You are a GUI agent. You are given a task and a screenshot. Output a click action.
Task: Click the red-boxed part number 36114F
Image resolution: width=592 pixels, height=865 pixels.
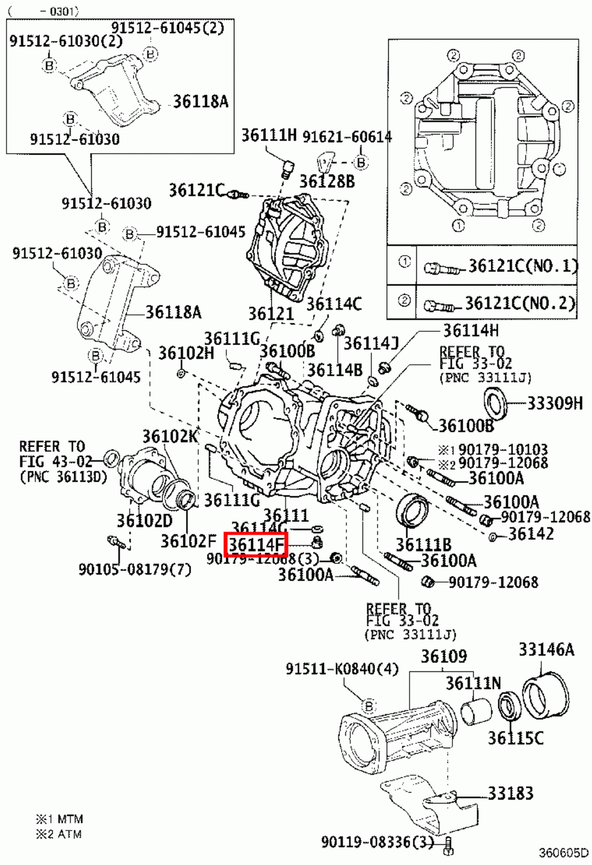click(256, 544)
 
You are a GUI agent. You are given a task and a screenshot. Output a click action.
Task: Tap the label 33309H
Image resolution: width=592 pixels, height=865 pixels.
click(555, 403)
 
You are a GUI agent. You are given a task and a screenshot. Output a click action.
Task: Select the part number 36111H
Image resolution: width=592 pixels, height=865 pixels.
click(269, 135)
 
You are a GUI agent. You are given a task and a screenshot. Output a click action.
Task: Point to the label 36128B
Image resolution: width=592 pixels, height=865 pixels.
click(327, 182)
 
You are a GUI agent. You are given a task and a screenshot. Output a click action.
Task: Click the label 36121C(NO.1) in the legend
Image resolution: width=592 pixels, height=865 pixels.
click(522, 266)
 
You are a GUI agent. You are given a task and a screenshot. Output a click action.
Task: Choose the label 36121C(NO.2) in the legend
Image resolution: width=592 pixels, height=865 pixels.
click(520, 303)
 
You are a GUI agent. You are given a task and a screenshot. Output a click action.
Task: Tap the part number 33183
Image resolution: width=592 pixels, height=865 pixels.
click(510, 793)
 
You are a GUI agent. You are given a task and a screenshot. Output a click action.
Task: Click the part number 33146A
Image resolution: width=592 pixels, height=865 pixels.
click(546, 649)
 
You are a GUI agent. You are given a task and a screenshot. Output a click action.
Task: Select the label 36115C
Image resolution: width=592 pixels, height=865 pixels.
click(515, 738)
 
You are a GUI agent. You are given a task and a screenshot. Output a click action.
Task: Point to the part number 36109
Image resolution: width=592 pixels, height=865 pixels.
click(444, 656)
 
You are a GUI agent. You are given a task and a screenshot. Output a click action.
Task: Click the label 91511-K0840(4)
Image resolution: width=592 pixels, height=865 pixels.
click(342, 669)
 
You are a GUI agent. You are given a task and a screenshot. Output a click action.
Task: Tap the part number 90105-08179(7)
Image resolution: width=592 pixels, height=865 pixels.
click(135, 569)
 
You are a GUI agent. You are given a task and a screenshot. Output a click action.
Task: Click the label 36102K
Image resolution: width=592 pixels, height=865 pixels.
click(170, 436)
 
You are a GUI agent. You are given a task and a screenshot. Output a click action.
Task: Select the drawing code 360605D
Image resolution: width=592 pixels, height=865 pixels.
click(563, 853)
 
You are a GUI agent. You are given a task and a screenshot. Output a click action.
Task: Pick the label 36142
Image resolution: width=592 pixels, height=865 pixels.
click(531, 534)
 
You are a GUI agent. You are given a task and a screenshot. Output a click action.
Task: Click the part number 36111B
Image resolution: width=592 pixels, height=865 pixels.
click(423, 544)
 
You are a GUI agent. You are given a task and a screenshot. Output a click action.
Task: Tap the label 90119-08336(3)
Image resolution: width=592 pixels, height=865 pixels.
click(377, 842)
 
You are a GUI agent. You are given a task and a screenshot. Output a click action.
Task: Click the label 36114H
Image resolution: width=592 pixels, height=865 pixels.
click(471, 330)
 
